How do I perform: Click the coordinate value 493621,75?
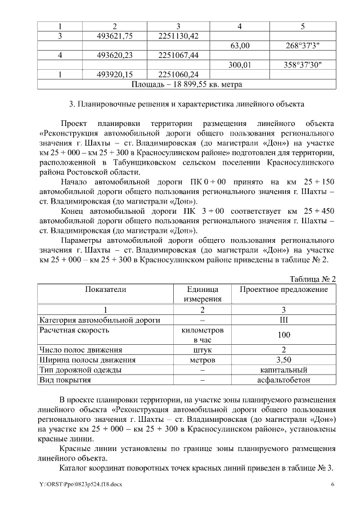(x=114, y=36)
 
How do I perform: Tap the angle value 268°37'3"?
(x=303, y=46)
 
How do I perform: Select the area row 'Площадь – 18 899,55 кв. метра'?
(x=186, y=84)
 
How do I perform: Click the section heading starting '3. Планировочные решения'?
(x=186, y=104)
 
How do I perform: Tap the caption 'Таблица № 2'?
(x=312, y=279)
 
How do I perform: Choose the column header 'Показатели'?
(x=105, y=289)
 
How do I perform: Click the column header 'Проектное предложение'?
(x=283, y=289)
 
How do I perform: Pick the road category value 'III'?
(x=283, y=320)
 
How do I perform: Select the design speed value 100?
(x=283, y=335)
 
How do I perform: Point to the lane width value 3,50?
(x=283, y=360)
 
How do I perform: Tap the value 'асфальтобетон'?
(x=283, y=380)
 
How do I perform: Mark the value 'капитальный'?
(x=283, y=370)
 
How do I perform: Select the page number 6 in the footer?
(x=332, y=485)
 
